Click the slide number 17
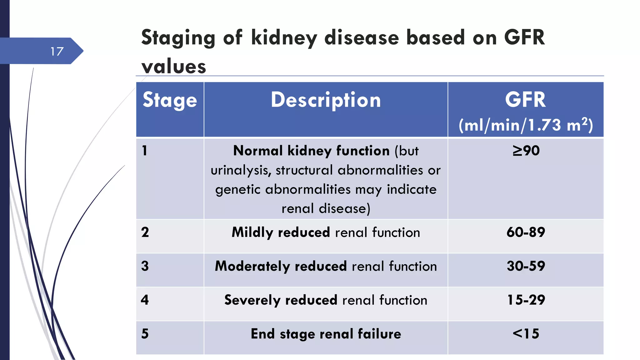[57, 51]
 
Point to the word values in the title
[174, 67]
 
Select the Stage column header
[170, 100]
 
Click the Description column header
[326, 100]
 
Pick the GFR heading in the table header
[525, 100]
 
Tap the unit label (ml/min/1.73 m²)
[526, 125]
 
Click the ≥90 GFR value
[526, 151]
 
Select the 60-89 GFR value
[526, 232]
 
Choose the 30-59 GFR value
[526, 266]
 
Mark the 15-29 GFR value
[526, 300]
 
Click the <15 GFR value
[526, 333]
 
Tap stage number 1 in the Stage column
[144, 151]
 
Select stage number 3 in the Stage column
[145, 266]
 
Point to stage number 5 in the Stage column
[145, 333]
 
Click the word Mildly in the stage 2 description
[252, 232]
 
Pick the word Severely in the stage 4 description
[252, 300]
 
